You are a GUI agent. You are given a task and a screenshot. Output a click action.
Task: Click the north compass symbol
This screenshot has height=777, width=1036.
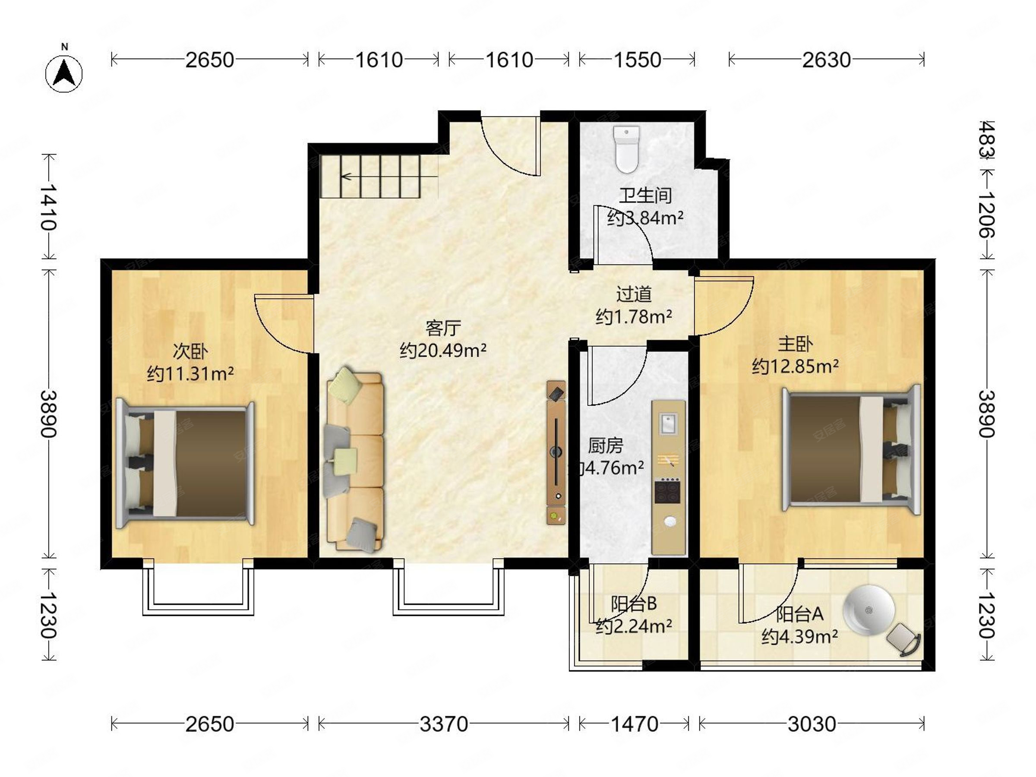point(64,73)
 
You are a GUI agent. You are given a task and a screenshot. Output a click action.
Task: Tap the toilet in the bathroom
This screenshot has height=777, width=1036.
point(627,149)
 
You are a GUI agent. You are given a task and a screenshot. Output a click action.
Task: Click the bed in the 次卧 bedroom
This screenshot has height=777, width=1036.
point(185,464)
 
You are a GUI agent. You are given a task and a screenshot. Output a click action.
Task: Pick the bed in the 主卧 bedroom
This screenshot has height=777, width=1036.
point(851,450)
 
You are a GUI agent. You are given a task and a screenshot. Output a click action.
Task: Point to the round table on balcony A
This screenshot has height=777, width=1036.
point(869,610)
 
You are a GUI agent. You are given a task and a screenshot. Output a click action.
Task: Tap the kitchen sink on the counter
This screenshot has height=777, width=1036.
point(667,423)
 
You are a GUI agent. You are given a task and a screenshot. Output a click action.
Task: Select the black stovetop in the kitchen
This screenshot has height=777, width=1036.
point(667,490)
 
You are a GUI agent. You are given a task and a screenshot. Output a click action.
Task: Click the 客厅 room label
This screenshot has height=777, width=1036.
point(443,328)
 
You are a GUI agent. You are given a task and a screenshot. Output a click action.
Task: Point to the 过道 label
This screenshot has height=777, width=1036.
point(634,294)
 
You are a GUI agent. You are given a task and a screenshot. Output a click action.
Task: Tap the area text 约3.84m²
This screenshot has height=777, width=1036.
point(645,218)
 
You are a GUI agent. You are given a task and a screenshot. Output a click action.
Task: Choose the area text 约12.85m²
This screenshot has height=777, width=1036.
point(795,366)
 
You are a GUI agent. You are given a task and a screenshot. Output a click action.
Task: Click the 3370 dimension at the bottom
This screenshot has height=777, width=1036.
point(443,724)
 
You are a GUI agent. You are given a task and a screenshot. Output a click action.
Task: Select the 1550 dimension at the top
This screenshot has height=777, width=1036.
point(638,60)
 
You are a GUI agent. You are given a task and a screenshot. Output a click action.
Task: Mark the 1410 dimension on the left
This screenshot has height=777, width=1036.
point(48,207)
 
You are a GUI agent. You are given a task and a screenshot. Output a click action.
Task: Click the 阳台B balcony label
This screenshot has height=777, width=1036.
point(634,604)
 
